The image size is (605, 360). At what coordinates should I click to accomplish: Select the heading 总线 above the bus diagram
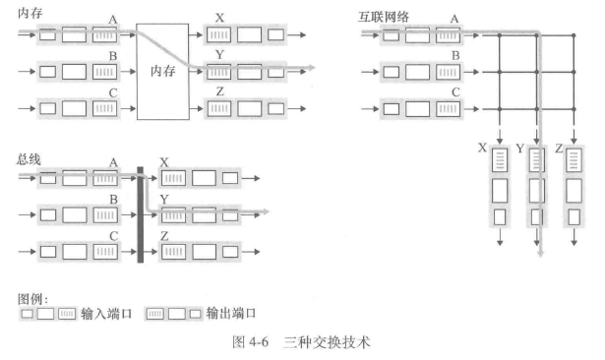[30, 158]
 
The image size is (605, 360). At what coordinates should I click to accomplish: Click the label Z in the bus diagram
[164, 236]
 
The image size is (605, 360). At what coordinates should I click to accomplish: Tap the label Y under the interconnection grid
[521, 148]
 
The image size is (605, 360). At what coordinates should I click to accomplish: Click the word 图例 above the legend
[32, 295]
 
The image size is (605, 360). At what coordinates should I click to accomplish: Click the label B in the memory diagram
[113, 56]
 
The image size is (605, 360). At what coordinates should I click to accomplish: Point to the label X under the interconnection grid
[481, 148]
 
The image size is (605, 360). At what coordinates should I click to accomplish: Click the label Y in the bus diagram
[164, 200]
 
